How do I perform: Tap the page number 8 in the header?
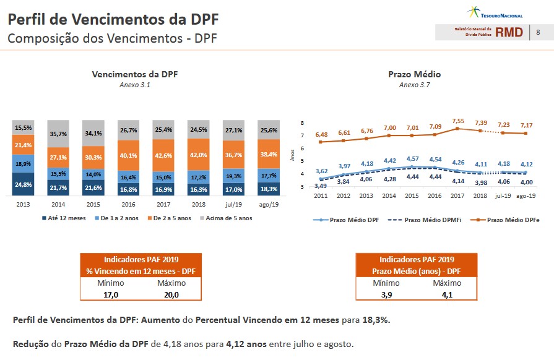pyautogui.click(x=538, y=32)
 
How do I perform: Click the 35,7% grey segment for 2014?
pyautogui.click(x=58, y=133)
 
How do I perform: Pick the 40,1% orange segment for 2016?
pyautogui.click(x=128, y=155)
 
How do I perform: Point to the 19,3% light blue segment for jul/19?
pyautogui.click(x=234, y=176)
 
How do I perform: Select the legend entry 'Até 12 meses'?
pyautogui.click(x=67, y=218)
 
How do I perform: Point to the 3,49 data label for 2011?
pyautogui.click(x=321, y=186)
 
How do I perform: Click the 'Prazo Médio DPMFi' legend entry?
pyautogui.click(x=426, y=220)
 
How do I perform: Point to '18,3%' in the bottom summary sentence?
pyautogui.click(x=376, y=320)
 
